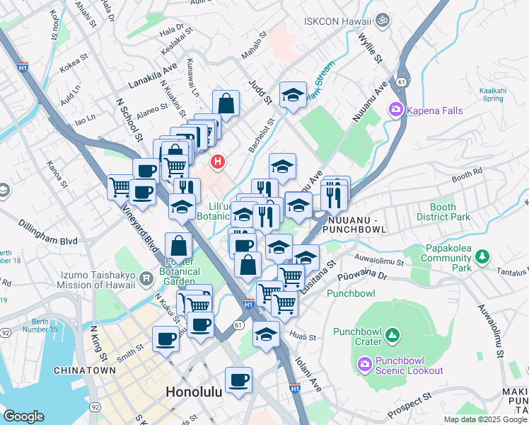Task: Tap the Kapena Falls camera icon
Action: coord(395,109)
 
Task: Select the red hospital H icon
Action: coord(219,162)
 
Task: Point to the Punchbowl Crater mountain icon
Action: coord(393,334)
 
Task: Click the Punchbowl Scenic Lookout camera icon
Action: coord(365,364)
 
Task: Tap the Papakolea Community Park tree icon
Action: coord(483,255)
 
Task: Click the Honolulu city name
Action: coord(194,392)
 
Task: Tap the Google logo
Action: coord(23,417)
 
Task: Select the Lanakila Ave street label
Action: coord(152,76)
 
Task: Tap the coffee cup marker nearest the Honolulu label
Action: coord(238,378)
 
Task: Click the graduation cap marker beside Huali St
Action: coord(266,333)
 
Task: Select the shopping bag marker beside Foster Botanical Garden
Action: coord(180,245)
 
